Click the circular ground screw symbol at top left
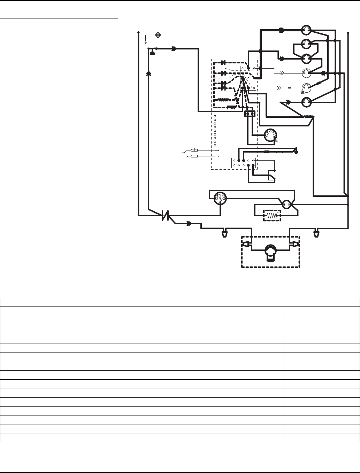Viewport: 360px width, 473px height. [x=158, y=35]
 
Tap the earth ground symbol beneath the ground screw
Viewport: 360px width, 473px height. [x=146, y=42]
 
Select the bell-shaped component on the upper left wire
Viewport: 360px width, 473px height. [x=152, y=52]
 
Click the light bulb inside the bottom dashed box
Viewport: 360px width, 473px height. [x=270, y=252]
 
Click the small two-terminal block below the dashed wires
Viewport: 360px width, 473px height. [x=250, y=114]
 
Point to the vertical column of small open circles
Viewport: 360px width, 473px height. [x=215, y=131]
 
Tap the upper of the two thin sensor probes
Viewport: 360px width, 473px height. [x=195, y=150]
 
